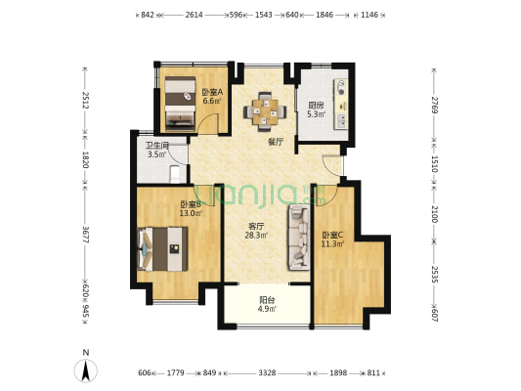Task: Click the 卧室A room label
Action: [212, 92]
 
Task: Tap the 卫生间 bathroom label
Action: [158, 146]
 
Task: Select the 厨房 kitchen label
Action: [317, 106]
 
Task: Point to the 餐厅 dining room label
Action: [276, 142]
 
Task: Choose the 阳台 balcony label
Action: [265, 301]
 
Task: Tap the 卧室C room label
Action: [332, 235]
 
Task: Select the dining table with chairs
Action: [267, 110]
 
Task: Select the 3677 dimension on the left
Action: [86, 235]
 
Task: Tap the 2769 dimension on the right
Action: [433, 105]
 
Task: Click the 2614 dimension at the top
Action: [194, 15]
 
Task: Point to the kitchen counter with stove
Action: [342, 105]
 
